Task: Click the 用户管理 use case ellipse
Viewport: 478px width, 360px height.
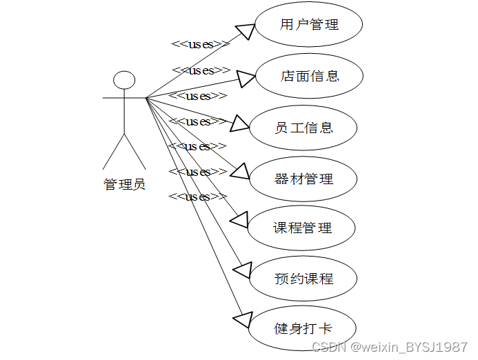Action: pos(309,26)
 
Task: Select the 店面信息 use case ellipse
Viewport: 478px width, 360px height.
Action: pos(309,76)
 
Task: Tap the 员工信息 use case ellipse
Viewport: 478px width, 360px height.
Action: pos(303,128)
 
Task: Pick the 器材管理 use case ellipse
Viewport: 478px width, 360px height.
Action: pos(303,179)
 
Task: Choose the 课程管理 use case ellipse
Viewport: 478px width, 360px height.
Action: pos(302,228)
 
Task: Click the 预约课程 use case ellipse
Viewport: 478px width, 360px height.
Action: pos(303,279)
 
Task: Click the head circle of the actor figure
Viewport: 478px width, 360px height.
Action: pos(124,80)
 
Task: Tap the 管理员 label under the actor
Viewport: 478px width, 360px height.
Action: pos(124,185)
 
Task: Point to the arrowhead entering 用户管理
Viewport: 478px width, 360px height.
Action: pos(246,31)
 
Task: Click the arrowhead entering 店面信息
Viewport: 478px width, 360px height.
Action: pos(247,79)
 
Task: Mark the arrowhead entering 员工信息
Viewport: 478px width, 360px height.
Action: pos(239,123)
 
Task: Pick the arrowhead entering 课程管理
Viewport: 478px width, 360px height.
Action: pos(239,219)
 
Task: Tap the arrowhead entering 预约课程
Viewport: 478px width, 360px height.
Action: pos(243,269)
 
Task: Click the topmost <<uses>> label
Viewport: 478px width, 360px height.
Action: pos(200,44)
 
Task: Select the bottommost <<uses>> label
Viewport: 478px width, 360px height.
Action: pos(198,197)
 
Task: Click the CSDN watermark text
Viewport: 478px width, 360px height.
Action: pos(390,347)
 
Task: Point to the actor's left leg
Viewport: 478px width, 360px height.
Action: pos(114,152)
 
